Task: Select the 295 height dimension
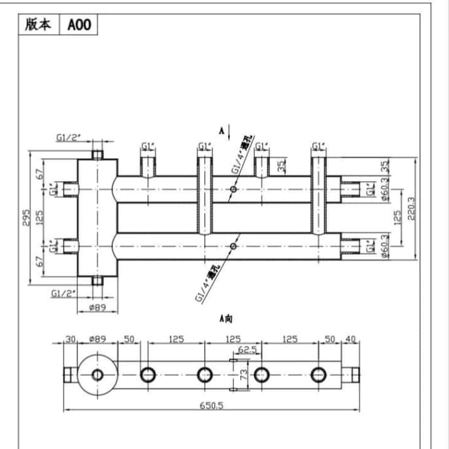coord(27,218)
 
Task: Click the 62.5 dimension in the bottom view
coord(246,350)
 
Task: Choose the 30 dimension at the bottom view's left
coord(70,339)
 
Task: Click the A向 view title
coord(226,318)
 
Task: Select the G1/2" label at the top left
coord(67,137)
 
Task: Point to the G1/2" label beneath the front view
coord(64,293)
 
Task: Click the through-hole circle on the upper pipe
coord(233,190)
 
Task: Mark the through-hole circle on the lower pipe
coord(233,246)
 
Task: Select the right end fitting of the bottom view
coord(355,374)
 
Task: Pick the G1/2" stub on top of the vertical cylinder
coord(98,154)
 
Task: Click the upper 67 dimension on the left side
coord(40,175)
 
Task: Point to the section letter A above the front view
coord(222,131)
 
